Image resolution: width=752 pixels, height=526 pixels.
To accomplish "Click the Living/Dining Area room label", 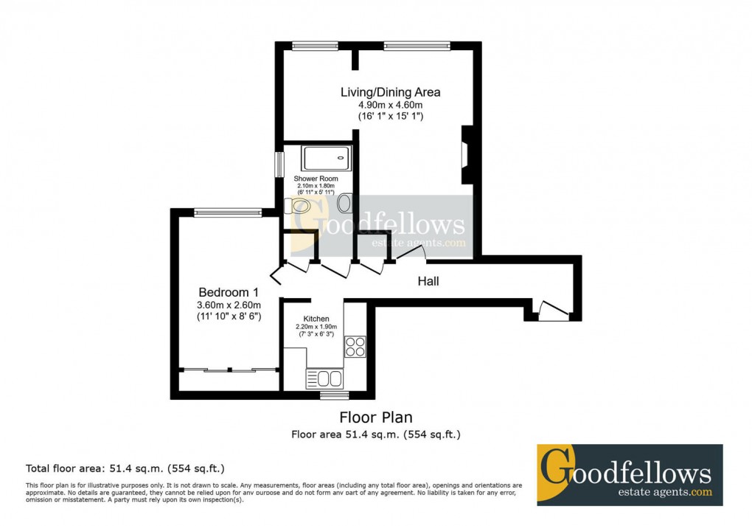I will (390, 92).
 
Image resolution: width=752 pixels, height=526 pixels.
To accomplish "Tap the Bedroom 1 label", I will (227, 291).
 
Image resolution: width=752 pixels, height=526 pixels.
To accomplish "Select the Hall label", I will (428, 281).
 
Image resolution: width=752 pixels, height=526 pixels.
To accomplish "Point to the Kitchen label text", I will (316, 319).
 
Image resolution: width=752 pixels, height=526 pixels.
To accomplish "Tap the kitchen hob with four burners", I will (355, 347).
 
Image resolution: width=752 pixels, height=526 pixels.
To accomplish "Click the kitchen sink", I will (324, 379).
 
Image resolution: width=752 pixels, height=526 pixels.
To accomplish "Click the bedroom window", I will (228, 212).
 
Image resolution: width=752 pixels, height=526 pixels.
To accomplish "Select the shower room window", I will (279, 164).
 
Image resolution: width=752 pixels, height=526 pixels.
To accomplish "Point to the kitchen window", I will (335, 395).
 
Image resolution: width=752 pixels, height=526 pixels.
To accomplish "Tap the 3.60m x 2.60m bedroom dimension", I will (227, 304).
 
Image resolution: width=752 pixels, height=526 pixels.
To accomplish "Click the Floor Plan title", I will (375, 418).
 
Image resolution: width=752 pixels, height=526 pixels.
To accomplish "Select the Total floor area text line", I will (125, 468).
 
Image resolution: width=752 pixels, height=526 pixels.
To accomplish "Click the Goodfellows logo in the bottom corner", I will (629, 474).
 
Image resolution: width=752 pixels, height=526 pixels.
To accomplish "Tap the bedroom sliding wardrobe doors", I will (228, 369).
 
